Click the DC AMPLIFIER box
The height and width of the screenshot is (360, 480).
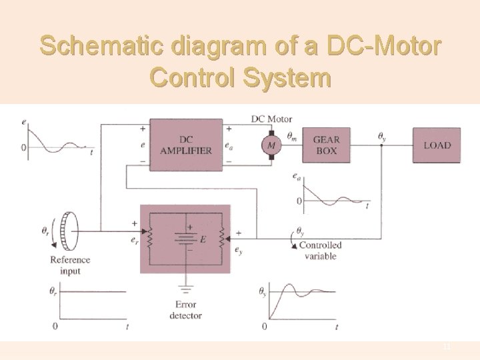click(x=186, y=145)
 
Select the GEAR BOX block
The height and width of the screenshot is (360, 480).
click(x=325, y=145)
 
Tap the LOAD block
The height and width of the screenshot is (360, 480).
click(x=437, y=145)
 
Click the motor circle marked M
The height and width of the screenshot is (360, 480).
click(x=271, y=145)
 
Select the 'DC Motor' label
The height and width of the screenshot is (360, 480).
click(x=271, y=119)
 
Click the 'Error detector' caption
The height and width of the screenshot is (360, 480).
click(x=185, y=310)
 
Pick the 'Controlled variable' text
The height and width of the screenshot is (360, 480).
click(x=320, y=250)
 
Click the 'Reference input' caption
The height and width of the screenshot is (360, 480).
click(x=69, y=265)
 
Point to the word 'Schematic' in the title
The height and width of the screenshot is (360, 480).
click(x=101, y=47)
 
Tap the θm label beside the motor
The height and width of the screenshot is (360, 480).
click(x=292, y=136)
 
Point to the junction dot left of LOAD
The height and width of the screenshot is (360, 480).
click(x=381, y=145)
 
